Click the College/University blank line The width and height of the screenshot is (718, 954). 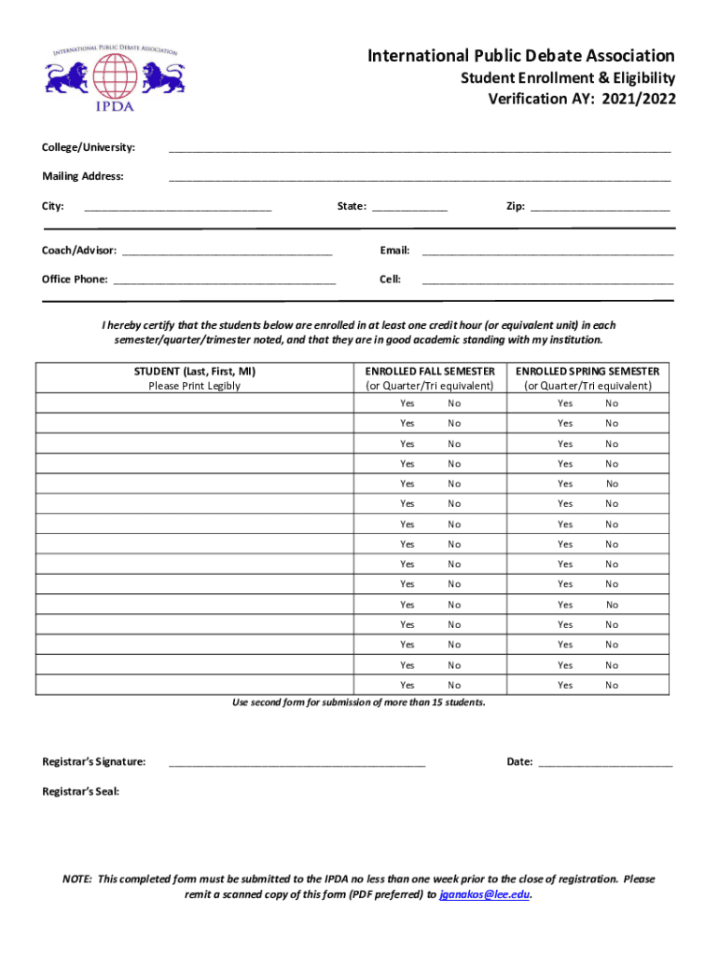[419, 149]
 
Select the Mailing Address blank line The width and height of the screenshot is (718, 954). [419, 177]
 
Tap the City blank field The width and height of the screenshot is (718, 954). [177, 207]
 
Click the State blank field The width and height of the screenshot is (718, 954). [409, 207]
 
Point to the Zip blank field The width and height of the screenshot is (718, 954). [600, 207]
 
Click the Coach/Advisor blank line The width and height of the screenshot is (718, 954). [227, 252]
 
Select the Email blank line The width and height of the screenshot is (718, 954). [547, 252]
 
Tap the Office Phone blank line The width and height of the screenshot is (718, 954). [224, 279]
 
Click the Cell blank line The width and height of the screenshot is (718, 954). [547, 279]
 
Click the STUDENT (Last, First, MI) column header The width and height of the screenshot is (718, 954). [194, 372]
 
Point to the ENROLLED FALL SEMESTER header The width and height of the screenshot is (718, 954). [430, 372]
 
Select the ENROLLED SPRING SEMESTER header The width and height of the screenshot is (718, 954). [587, 372]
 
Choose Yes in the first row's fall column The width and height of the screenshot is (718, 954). [407, 403]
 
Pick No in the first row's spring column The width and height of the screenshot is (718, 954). [612, 403]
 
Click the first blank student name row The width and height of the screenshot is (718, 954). [194, 403]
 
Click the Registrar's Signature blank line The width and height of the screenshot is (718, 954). [297, 763]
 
